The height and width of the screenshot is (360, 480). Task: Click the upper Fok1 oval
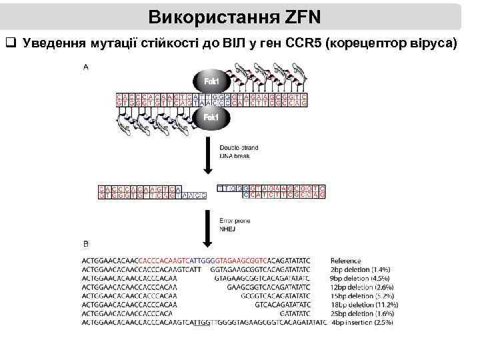(211, 82)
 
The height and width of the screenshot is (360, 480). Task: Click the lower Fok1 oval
(211, 118)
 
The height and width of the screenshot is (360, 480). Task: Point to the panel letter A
(86, 67)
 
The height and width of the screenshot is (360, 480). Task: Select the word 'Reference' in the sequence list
(346, 261)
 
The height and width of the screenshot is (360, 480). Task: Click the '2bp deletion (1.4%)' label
(361, 269)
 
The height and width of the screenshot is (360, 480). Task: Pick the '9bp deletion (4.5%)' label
(361, 278)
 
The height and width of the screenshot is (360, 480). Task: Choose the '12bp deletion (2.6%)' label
(362, 287)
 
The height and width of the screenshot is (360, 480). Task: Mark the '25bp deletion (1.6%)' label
(362, 313)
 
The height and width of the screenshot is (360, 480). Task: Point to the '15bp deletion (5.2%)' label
(362, 295)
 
